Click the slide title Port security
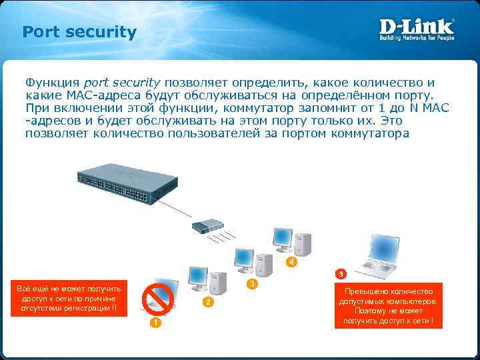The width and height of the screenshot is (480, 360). click(79, 32)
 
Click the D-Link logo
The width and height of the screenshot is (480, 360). click(417, 27)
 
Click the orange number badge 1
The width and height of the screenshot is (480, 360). click(154, 323)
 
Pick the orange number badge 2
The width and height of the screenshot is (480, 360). click(208, 303)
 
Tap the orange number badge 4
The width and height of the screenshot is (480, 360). click(290, 263)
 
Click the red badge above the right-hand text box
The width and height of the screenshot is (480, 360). click(341, 274)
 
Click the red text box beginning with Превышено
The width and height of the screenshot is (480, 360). click(388, 306)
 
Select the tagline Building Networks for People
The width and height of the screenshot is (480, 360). click(417, 38)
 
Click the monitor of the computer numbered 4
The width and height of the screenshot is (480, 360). click(282, 237)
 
